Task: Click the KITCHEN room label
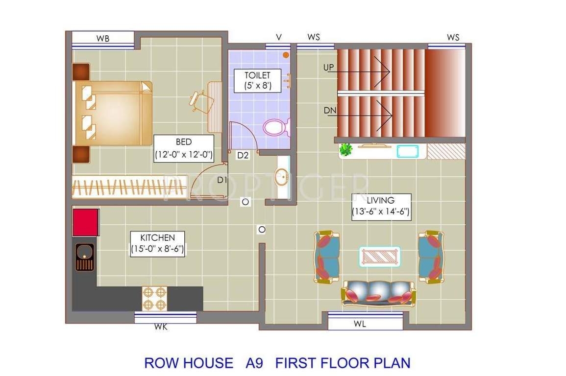157,243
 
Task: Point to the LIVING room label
380,206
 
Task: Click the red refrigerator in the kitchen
86,222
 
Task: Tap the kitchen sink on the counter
84,257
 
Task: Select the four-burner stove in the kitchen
155,298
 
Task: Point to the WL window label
360,324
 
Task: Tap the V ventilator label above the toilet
279,37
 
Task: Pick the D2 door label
243,156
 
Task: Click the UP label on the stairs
329,67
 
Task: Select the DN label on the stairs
330,111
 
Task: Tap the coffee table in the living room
380,257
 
